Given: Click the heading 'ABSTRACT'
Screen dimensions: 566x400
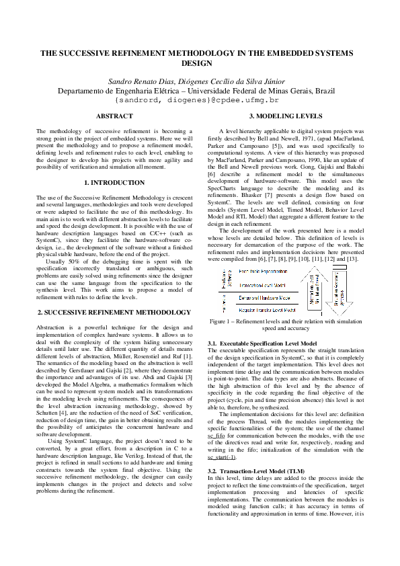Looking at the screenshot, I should coord(115,116).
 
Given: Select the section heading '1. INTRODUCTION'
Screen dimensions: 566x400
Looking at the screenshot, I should coord(115,182).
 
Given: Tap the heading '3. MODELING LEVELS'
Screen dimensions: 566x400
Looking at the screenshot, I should coord(286,116).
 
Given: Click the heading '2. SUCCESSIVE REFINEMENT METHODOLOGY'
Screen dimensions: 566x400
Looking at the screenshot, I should coord(115,313).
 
